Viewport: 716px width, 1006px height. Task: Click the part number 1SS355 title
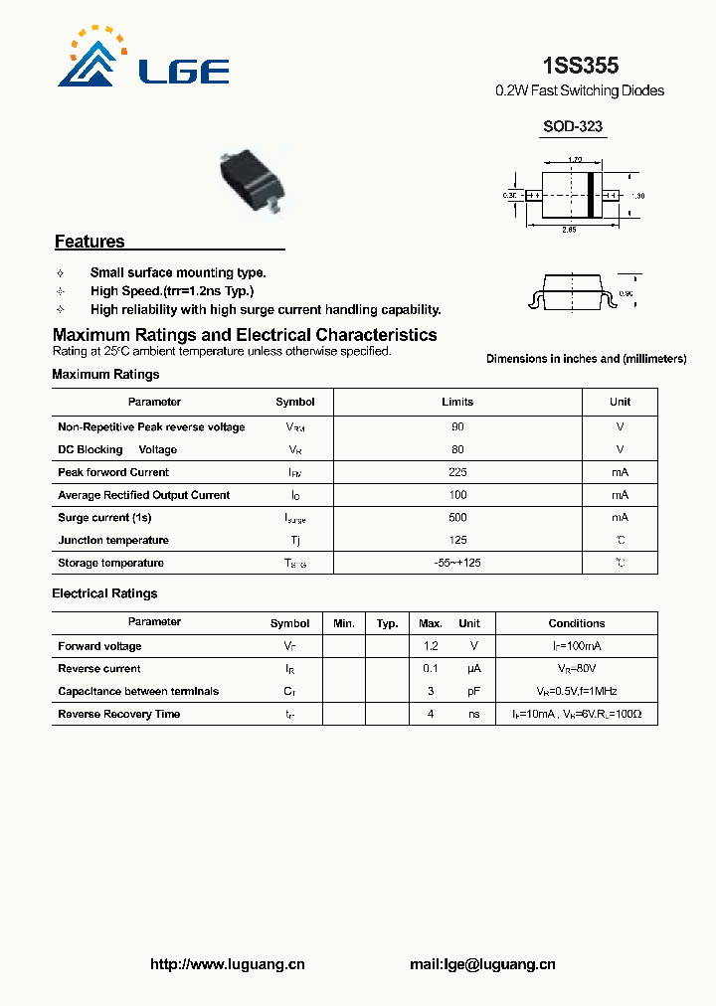tap(580, 66)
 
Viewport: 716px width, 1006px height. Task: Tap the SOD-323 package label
tap(572, 127)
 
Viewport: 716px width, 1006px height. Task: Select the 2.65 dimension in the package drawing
tap(569, 230)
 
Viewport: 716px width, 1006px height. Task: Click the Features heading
tap(89, 242)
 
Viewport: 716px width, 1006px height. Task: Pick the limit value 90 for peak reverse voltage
tap(457, 426)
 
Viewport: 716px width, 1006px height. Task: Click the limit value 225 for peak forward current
tap(457, 472)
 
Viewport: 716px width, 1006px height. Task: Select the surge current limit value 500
tap(457, 517)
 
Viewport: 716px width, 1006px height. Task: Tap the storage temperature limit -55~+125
tap(457, 563)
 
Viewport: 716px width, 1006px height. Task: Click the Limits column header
tap(457, 402)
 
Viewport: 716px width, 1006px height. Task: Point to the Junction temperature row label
tap(113, 540)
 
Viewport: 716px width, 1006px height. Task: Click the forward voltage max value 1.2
tap(430, 646)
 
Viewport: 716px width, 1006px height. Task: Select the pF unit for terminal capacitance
tap(473, 691)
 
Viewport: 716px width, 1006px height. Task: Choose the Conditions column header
tap(576, 623)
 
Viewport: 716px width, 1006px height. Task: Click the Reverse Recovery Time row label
tap(119, 714)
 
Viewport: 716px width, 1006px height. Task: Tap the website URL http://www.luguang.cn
tap(227, 964)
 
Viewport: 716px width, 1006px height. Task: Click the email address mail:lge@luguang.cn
tap(482, 964)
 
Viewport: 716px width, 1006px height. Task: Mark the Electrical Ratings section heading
tap(104, 593)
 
